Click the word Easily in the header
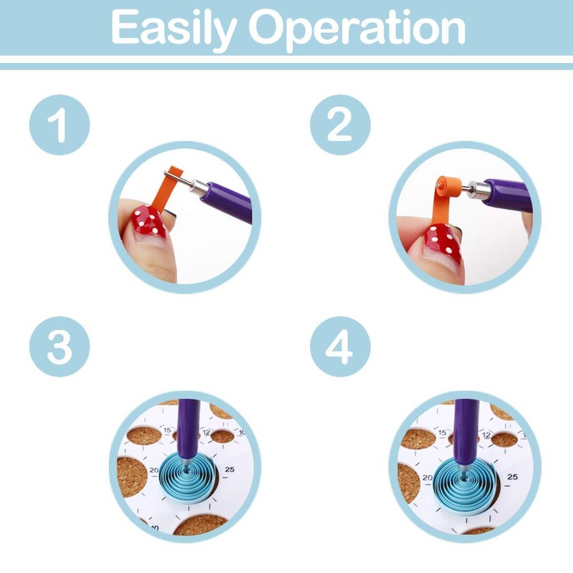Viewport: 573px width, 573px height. (173, 29)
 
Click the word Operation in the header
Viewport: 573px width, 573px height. (357, 29)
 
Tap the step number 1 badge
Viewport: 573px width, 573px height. (59, 125)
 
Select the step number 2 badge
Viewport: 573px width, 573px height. (340, 125)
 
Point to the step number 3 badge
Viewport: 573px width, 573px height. (59, 347)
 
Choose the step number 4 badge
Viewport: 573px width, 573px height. (340, 347)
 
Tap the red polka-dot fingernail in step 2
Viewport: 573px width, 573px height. (442, 241)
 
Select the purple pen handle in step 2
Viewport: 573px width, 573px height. (509, 195)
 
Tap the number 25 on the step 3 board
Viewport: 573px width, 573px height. (229, 469)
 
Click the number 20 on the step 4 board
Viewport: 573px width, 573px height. (428, 477)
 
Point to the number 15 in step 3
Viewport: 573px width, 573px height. (168, 430)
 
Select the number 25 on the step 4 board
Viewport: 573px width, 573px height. (512, 476)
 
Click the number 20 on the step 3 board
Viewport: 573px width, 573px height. (154, 471)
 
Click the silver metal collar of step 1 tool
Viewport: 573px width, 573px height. (198, 186)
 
